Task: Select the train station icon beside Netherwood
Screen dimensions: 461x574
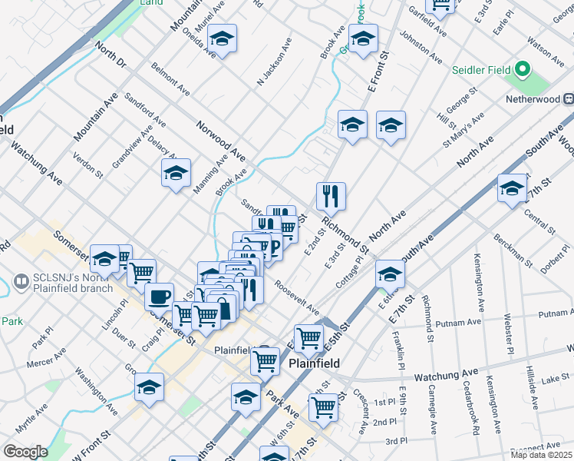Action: point(569,98)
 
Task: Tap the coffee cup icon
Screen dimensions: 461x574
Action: point(160,296)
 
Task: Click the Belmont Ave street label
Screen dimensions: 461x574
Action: point(170,79)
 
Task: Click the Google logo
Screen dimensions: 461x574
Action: point(25,452)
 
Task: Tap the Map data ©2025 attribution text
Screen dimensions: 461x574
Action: point(541,455)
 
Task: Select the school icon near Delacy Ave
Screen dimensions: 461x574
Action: point(176,174)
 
